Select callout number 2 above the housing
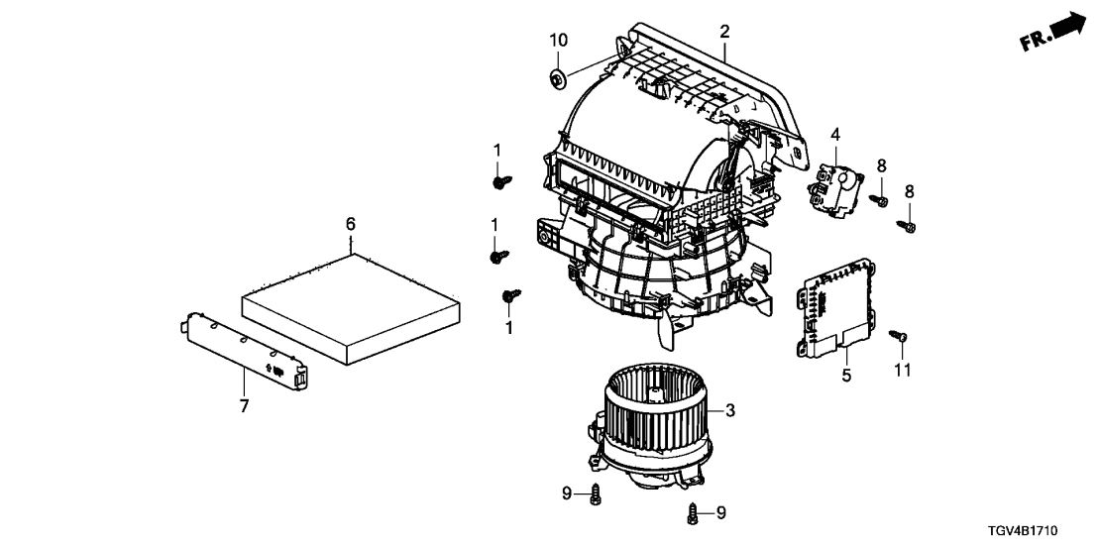click(x=724, y=32)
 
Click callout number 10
click(x=558, y=41)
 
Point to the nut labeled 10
click(x=558, y=80)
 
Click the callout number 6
click(x=351, y=224)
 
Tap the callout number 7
click(x=244, y=405)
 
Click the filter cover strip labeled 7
click(x=245, y=351)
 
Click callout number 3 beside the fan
click(x=730, y=410)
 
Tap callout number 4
click(x=835, y=135)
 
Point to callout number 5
click(x=846, y=376)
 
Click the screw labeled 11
click(x=899, y=337)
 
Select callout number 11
click(x=903, y=371)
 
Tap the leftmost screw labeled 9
click(x=596, y=493)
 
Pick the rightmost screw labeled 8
click(x=907, y=226)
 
